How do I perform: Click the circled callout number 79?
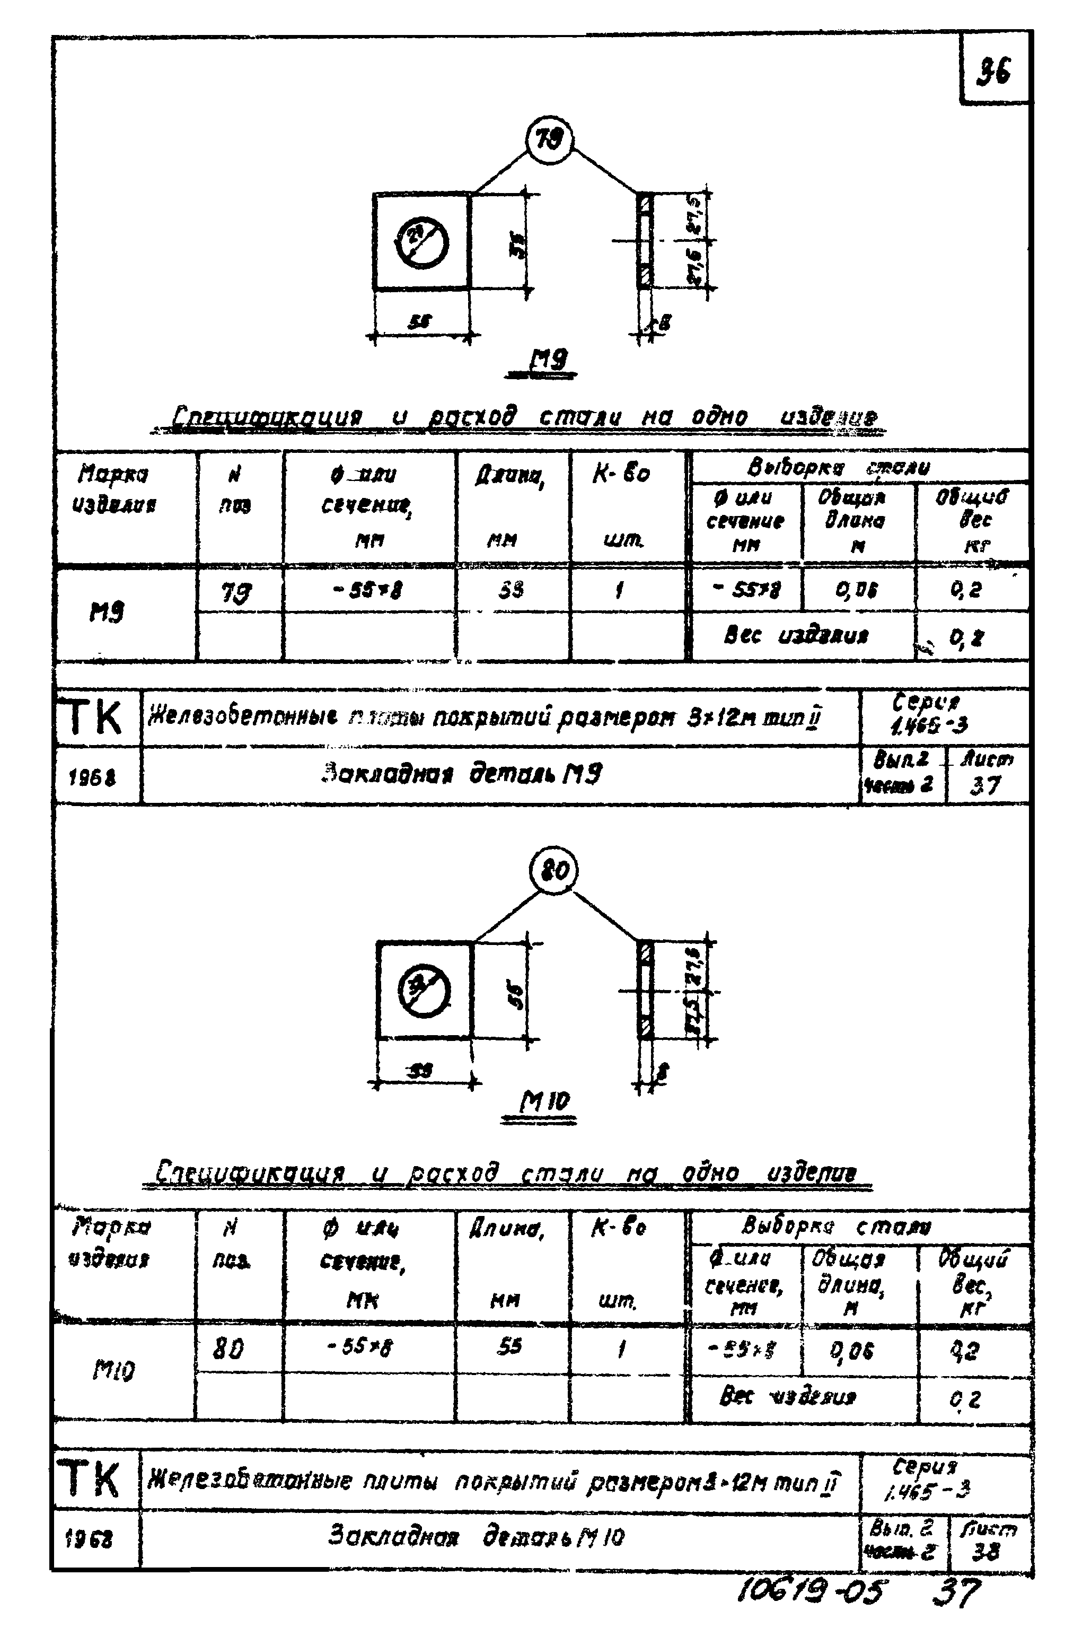[x=549, y=140]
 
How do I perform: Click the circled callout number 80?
[x=553, y=871]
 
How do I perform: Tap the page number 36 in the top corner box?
[x=993, y=71]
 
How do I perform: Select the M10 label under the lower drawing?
[x=544, y=1101]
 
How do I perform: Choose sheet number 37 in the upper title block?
[x=985, y=785]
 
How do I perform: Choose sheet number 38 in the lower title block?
[x=985, y=1552]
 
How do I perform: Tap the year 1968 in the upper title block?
[x=92, y=777]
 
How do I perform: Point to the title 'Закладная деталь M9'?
[x=462, y=774]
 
